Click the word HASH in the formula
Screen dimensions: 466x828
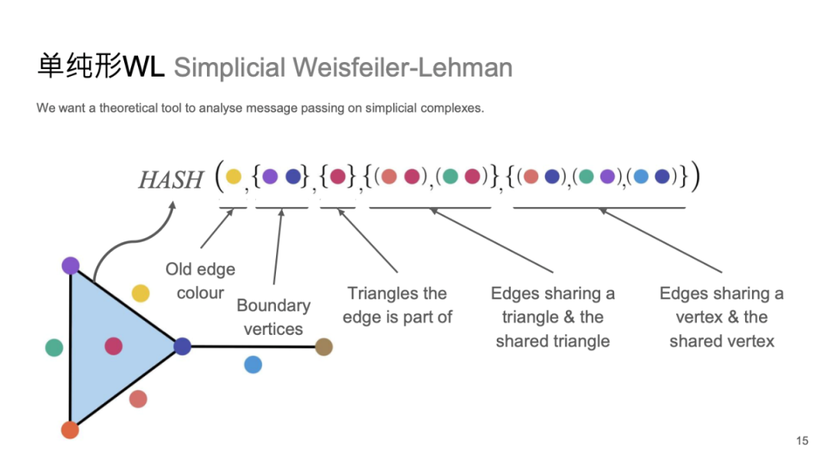170,180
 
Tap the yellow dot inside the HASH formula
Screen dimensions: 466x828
233,177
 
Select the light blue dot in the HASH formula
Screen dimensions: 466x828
642,177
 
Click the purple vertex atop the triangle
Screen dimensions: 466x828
71,266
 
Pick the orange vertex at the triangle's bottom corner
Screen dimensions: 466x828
70,429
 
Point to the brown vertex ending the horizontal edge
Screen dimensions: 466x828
324,346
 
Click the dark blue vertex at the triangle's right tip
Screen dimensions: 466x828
182,346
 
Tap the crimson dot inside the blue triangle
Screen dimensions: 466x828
113,346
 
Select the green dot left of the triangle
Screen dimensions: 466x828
54,348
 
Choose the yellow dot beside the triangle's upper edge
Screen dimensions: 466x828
140,293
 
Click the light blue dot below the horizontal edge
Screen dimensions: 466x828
253,365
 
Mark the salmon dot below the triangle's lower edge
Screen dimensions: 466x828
138,399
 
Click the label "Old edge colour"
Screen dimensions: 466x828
200,281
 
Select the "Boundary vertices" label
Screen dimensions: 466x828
273,317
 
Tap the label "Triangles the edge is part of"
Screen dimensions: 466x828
397,305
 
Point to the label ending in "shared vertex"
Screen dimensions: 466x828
721,317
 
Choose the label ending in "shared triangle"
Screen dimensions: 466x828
552,317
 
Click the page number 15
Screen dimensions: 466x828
802,441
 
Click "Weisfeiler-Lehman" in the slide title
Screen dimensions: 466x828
404,67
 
